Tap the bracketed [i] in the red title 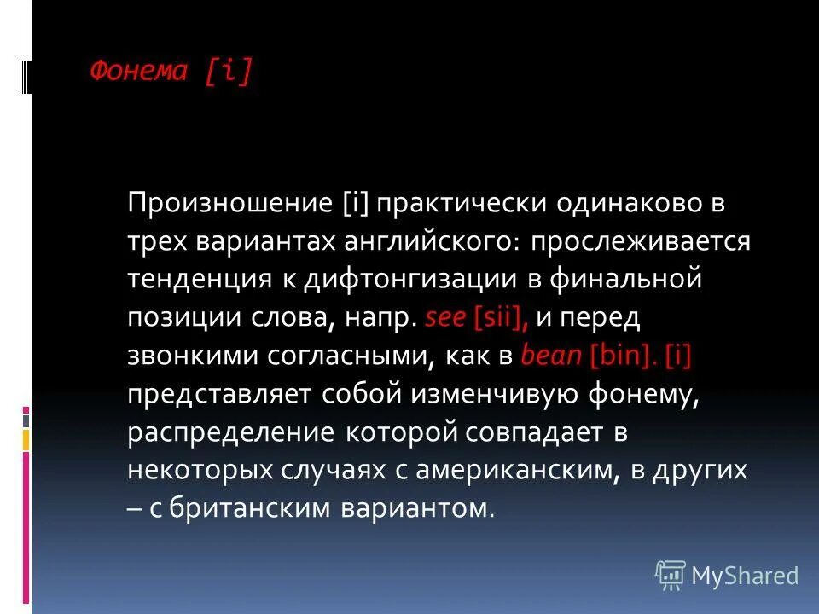(228, 71)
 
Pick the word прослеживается (640, 242)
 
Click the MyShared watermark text (745, 576)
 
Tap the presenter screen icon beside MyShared (671, 576)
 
